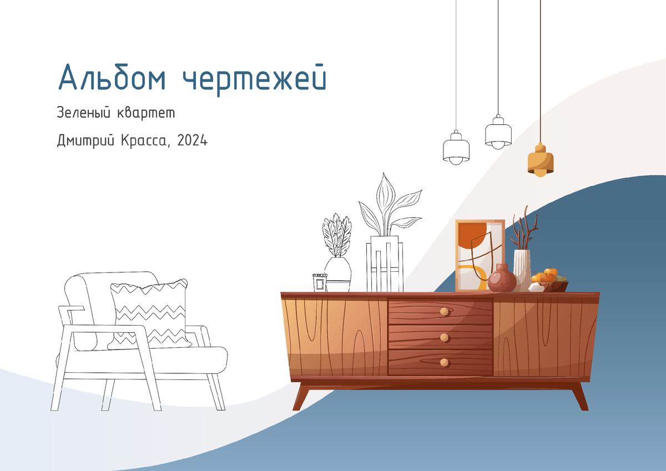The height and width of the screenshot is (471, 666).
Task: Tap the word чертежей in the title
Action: tap(255, 80)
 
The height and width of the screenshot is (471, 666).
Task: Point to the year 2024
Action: tap(193, 141)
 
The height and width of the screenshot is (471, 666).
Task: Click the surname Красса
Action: tap(145, 141)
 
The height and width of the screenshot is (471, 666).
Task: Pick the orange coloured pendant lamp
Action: tap(541, 160)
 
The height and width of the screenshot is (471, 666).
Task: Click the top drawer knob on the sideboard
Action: tap(444, 312)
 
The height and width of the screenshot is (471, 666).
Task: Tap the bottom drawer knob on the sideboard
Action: tap(444, 362)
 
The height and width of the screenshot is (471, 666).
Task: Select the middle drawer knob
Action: tap(444, 337)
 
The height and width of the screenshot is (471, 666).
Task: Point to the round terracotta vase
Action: tap(502, 279)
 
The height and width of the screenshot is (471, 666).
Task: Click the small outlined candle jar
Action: tap(319, 282)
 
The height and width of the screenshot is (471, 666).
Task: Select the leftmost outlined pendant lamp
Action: tap(456, 148)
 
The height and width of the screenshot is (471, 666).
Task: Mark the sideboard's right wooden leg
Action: tap(579, 396)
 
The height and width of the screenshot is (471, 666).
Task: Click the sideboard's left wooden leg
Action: tap(302, 396)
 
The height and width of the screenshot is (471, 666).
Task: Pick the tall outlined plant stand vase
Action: tap(384, 264)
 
